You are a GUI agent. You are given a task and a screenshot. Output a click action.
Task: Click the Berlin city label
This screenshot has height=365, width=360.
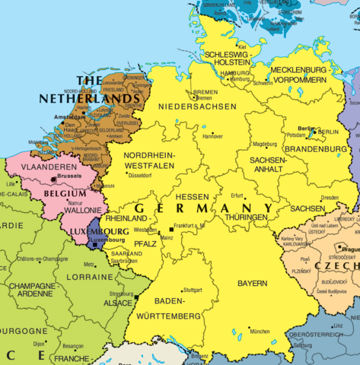(x=305, y=129)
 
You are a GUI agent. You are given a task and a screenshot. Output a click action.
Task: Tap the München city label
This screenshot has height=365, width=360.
(x=260, y=332)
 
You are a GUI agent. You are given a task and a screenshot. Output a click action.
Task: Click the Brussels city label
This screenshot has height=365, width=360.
(x=68, y=176)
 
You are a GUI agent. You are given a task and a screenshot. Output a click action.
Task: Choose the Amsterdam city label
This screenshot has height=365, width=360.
(x=70, y=117)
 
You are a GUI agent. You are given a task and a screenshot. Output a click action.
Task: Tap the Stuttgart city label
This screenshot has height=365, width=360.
(x=193, y=290)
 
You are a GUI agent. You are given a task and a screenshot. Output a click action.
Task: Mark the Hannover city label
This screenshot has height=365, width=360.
(x=212, y=137)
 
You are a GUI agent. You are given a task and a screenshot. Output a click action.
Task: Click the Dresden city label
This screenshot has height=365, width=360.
(x=330, y=198)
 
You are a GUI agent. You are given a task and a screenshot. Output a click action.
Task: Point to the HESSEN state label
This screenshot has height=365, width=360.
(x=192, y=197)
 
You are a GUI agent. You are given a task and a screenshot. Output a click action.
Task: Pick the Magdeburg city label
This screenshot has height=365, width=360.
(x=264, y=144)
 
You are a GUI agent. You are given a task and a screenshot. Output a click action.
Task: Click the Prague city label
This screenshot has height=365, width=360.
(x=350, y=249)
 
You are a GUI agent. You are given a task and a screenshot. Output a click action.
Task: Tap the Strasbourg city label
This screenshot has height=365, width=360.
(x=121, y=294)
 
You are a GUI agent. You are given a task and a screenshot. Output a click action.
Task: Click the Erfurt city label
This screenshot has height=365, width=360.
(x=237, y=195)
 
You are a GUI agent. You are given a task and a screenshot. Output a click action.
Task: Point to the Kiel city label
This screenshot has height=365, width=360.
(x=242, y=46)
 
